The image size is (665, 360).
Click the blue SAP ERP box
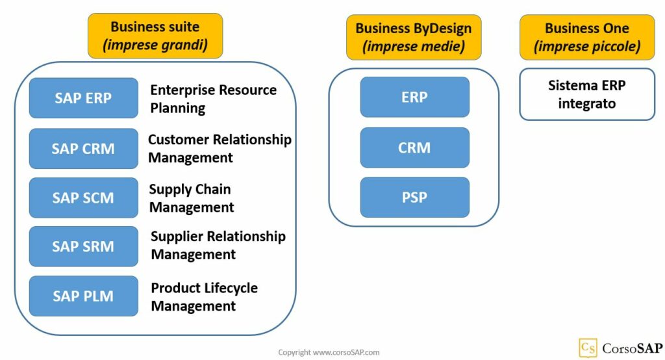pos(83,98)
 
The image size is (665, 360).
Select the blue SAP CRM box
pos(83,148)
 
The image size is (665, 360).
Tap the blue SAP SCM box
pos(83,198)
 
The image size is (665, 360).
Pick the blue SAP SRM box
pos(83,246)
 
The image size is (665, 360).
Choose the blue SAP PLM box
pos(83,296)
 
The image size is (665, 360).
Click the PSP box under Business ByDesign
pos(414,197)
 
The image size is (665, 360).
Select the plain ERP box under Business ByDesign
pos(414,97)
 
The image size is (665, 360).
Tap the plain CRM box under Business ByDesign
pos(414,148)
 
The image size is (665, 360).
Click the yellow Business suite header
pos(155,36)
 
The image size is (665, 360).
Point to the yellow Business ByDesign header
pos(414,37)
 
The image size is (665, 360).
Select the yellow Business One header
pos(586,37)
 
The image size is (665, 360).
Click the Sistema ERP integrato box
pos(586,94)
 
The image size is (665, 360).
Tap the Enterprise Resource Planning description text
pos(213,99)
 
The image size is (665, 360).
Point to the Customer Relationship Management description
pos(220,148)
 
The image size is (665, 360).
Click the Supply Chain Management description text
pos(191,198)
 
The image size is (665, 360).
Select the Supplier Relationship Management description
pos(218,245)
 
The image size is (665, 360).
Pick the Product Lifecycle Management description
pos(204,296)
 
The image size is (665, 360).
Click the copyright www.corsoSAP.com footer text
pos(329,352)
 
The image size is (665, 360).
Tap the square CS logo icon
pos(588,348)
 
